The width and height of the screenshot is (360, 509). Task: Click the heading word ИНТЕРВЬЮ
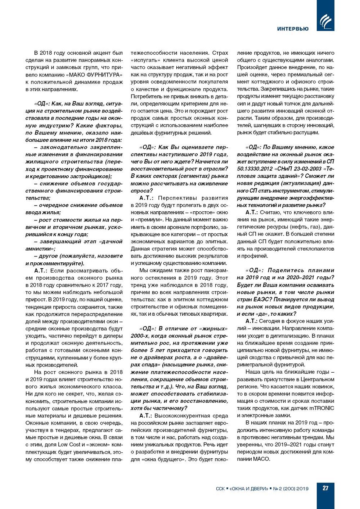coord(293,29)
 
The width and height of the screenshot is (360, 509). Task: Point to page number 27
coord(325,488)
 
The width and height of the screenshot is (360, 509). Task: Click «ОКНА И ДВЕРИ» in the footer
coord(249,488)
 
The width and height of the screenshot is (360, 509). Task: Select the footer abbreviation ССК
coord(220,488)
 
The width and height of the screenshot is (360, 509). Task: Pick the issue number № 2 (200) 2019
coord(291,488)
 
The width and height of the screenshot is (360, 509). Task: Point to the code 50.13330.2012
coord(254,169)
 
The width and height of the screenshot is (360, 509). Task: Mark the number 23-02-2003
coord(305,169)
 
